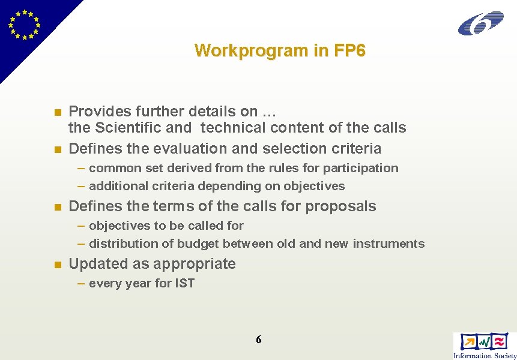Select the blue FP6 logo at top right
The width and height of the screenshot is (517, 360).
point(480,23)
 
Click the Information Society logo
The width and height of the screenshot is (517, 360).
point(484,346)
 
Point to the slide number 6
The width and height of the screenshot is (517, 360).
point(259,340)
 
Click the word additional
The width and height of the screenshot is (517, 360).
point(115,186)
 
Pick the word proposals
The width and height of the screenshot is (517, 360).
point(341,206)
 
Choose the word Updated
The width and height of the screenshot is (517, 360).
point(94,264)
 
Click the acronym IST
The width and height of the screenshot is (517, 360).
point(185,283)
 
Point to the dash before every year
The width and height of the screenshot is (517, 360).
point(81,283)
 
